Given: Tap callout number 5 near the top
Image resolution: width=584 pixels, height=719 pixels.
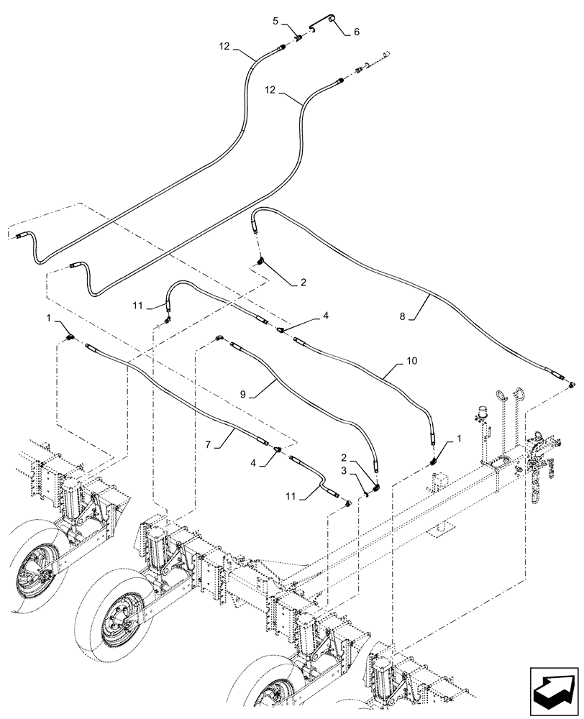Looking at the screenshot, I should (276, 21).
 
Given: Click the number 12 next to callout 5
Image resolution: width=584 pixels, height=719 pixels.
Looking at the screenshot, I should (224, 46).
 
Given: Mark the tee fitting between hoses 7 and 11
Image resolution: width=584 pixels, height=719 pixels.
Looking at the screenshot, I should (278, 449).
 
